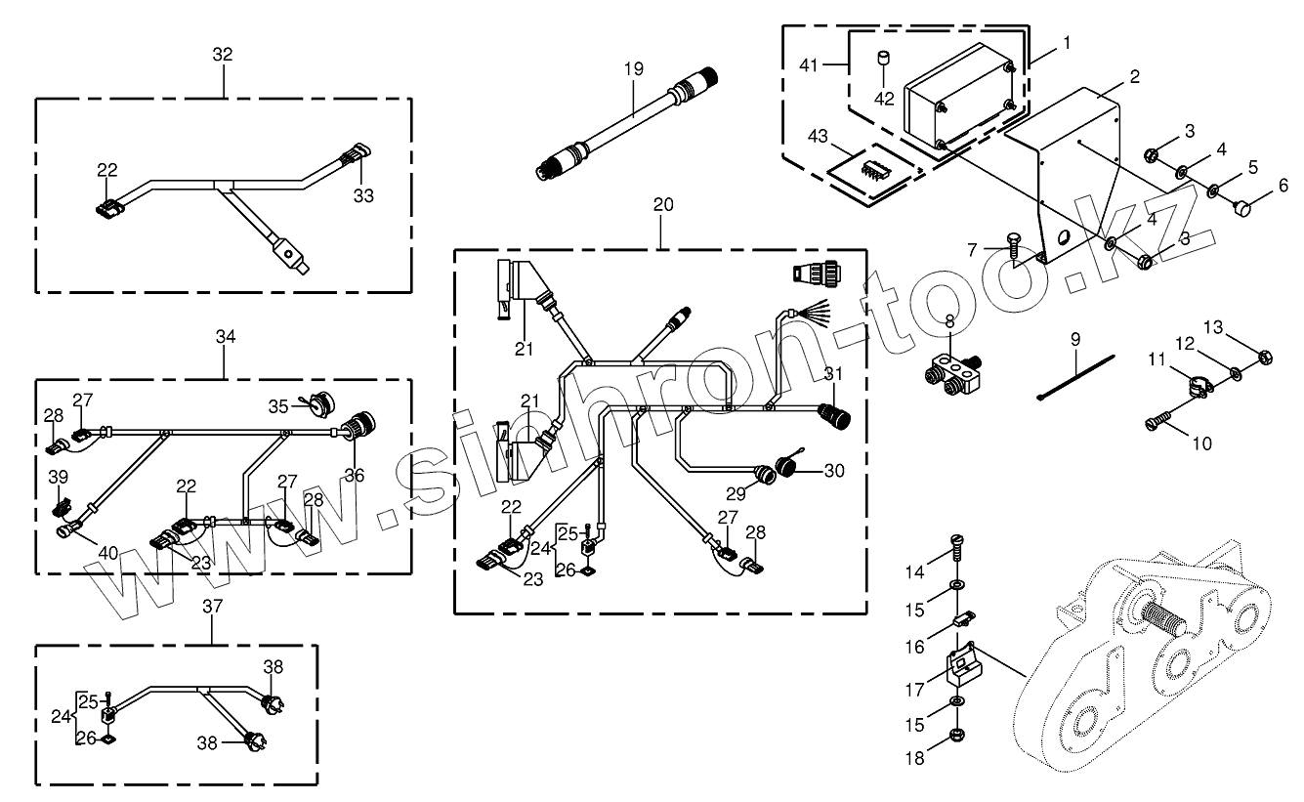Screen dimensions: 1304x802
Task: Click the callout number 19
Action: pyautogui.click(x=634, y=68)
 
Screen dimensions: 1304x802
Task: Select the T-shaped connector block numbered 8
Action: pyautogui.click(x=953, y=376)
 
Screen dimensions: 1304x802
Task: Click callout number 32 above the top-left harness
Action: pyautogui.click(x=223, y=54)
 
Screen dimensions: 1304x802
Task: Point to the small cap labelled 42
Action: pyautogui.click(x=884, y=59)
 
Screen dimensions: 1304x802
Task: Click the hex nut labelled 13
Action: pyautogui.click(x=1264, y=357)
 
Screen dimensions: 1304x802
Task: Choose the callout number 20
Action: pyautogui.click(x=663, y=204)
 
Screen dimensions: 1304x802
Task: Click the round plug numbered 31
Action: pyautogui.click(x=835, y=415)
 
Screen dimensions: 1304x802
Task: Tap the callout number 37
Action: pyautogui.click(x=213, y=606)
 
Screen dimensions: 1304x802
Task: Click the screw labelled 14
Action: pyautogui.click(x=955, y=548)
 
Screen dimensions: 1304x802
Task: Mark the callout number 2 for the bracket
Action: pyautogui.click(x=1135, y=77)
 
